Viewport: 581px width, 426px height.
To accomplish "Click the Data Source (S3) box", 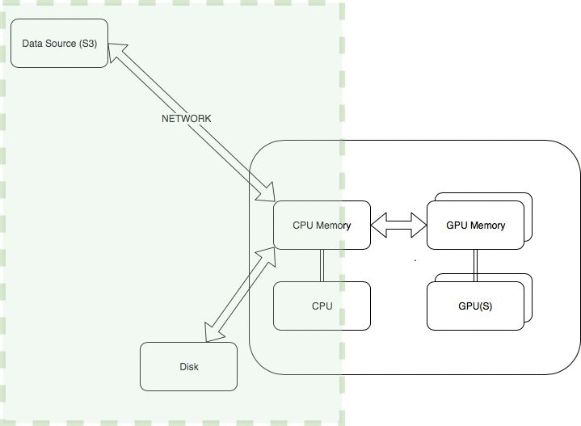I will tap(58, 43).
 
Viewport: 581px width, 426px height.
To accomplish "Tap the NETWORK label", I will tap(187, 119).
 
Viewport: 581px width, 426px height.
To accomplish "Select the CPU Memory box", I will tap(322, 225).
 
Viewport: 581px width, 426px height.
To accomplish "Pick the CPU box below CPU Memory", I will tap(322, 306).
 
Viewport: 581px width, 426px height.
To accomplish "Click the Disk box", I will tap(188, 366).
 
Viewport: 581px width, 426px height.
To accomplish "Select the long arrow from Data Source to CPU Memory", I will tap(194, 121).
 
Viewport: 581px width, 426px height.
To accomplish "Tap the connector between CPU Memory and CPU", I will tap(322, 265).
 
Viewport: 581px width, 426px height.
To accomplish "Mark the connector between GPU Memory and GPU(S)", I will tap(474, 265).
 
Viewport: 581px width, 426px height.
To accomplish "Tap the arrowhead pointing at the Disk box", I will tap(213, 332).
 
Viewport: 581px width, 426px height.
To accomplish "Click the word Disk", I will tap(188, 366).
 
